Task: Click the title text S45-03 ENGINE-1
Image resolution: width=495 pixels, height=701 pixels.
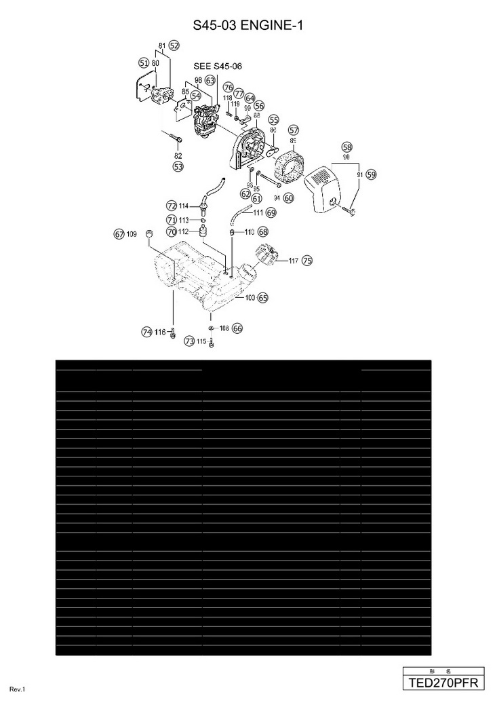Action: tap(248, 26)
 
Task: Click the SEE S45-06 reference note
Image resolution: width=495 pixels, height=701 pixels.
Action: tap(218, 67)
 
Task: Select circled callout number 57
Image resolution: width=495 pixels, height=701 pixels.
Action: tap(294, 130)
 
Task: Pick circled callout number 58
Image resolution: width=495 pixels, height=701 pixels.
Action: tap(347, 147)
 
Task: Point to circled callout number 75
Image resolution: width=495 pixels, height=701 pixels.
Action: tap(307, 260)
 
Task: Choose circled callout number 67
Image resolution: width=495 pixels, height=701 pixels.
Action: tap(119, 234)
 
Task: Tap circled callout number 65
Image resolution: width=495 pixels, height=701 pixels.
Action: tap(263, 297)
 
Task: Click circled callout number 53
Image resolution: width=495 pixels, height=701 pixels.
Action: tap(178, 166)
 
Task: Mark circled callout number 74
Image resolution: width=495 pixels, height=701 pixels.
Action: tap(146, 332)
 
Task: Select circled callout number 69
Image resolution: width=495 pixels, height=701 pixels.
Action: tap(271, 212)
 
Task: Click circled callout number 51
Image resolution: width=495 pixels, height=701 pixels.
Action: tap(143, 62)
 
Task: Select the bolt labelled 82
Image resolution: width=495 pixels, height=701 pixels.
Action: tap(174, 139)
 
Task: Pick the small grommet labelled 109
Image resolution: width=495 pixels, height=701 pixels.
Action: tap(151, 234)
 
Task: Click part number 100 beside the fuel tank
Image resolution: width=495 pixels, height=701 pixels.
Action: tap(250, 297)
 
